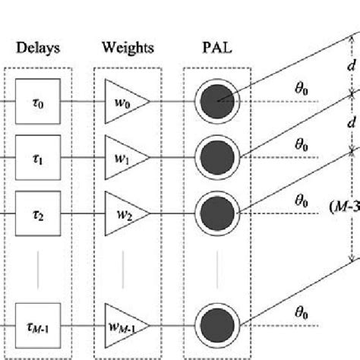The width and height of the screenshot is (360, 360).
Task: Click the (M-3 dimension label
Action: [x=346, y=206]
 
